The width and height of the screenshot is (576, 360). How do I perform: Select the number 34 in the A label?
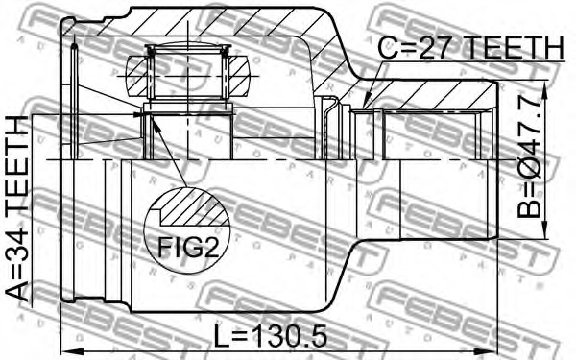point(18,264)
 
